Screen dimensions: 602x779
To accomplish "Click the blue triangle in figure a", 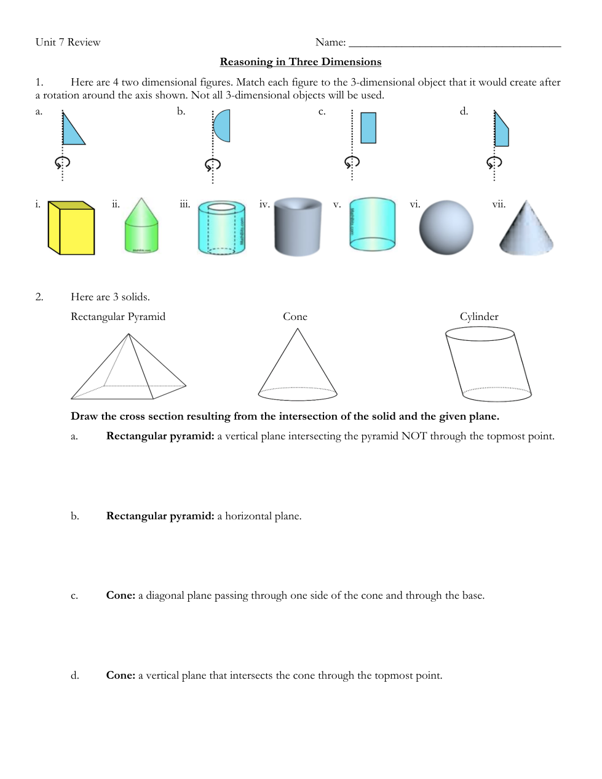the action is (x=70, y=133).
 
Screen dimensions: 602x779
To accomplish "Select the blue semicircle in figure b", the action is (x=223, y=126).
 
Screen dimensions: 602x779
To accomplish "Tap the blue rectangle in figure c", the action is (x=368, y=128).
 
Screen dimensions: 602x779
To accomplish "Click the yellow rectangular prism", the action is (x=71, y=228).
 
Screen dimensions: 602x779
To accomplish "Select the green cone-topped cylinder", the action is (x=141, y=225).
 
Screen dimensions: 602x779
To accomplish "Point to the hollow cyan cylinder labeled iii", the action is (x=222, y=227).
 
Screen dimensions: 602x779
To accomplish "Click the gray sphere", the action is (x=446, y=227).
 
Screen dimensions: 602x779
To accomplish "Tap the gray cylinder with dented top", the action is (x=297, y=227).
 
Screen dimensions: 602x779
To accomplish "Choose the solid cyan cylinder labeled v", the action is (x=373, y=224).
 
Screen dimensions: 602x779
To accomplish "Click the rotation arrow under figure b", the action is (x=213, y=164).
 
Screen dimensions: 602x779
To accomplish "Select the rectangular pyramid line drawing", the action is (x=129, y=366).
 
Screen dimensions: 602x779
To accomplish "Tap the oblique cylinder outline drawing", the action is (x=488, y=364).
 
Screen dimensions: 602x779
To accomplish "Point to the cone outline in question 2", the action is (x=298, y=364).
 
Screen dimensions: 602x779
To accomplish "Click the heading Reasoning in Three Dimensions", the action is (x=301, y=62).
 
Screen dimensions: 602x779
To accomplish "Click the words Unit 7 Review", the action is (x=68, y=42).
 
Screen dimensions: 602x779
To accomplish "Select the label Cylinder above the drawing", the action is (x=479, y=316).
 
